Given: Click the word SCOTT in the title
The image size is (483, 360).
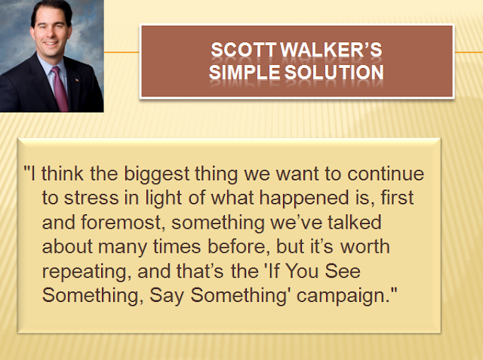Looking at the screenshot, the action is pyautogui.click(x=244, y=50).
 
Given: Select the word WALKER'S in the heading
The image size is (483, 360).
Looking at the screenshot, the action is pyautogui.click(x=332, y=50).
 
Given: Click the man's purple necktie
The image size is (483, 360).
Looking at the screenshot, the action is pyautogui.click(x=60, y=88).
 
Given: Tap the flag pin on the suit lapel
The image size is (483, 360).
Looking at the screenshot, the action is pyautogui.click(x=76, y=80).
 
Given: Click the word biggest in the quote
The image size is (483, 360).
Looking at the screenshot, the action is pyautogui.click(x=156, y=174).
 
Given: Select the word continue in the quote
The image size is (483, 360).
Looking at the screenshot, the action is pyautogui.click(x=386, y=174).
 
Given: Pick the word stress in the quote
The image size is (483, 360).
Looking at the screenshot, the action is pyautogui.click(x=91, y=198).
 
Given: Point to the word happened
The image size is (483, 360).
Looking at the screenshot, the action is pyautogui.click(x=304, y=198).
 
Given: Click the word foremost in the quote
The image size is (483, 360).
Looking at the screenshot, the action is pyautogui.click(x=121, y=223).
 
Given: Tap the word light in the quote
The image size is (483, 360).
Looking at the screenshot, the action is pyautogui.click(x=163, y=198).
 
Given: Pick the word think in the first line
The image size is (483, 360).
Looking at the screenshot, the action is pyautogui.click(x=63, y=174).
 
